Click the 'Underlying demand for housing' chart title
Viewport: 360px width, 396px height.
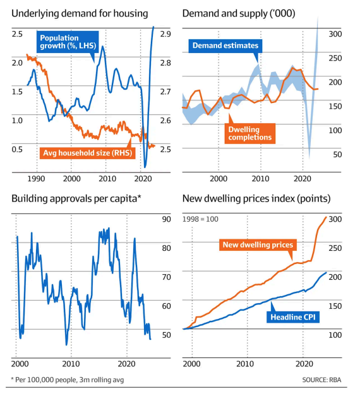[x=80, y=14]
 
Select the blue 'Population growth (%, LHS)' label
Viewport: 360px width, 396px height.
[x=68, y=42]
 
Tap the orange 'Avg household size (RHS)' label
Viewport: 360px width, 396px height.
[x=87, y=153]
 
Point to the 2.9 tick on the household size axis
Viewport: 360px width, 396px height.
[x=165, y=34]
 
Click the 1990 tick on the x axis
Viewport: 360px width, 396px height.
[x=36, y=179]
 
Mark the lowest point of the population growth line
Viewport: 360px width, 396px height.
[x=145, y=167]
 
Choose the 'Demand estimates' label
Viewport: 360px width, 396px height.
[x=225, y=45]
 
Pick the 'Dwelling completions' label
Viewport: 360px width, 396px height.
[x=250, y=134]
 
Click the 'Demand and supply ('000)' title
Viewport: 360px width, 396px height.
[x=239, y=14]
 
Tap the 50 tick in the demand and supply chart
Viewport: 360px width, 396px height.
[x=337, y=155]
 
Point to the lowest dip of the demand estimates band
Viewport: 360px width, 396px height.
[x=309, y=158]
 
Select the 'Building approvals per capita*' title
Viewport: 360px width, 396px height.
[x=76, y=199]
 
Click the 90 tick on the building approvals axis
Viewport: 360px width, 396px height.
[x=167, y=219]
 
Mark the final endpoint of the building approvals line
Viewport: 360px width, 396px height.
[x=150, y=339]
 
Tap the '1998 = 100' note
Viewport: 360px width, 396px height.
[x=200, y=219]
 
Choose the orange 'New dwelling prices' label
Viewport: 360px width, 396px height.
[x=258, y=244]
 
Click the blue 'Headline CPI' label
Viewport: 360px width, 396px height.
[x=293, y=317]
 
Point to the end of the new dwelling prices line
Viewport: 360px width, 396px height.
[x=326, y=217]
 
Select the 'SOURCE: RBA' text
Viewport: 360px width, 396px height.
[x=321, y=380]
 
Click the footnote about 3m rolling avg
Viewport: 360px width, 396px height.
[x=68, y=380]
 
